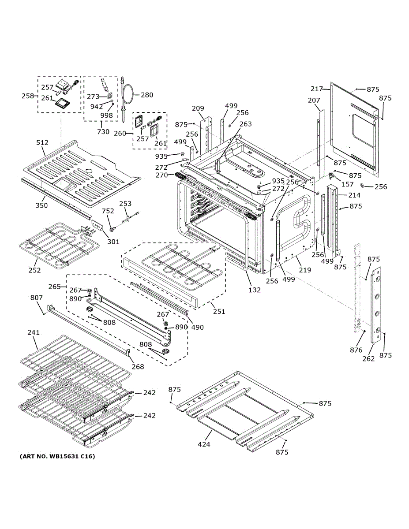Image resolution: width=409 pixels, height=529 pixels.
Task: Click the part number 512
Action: coord(42,142)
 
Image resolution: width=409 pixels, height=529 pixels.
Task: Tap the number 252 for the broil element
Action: coord(34,270)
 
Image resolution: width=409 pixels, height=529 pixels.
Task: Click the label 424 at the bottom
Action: coord(204,444)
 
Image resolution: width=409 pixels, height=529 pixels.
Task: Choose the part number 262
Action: coord(368,359)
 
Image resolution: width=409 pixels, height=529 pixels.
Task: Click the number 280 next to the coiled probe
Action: coord(147,95)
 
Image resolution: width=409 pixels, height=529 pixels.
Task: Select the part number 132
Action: coord(255,290)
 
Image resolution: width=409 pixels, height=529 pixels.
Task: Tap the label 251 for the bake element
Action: coord(219,311)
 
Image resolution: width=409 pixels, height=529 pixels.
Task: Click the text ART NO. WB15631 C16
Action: coord(57,456)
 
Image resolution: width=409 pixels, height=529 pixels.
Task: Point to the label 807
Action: coord(37,298)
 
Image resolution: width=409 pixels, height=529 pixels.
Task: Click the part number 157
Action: coord(348,184)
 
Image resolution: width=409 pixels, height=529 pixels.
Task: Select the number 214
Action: coord(354,195)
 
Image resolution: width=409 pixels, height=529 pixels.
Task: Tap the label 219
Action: coord(305,270)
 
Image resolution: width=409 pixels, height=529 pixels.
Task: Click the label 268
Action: coord(138,366)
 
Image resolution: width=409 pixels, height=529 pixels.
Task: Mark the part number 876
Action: coord(356,350)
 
